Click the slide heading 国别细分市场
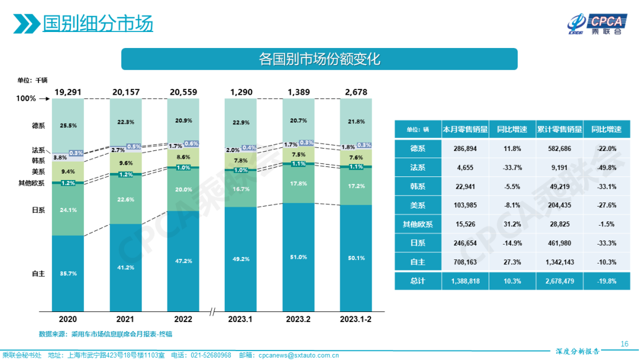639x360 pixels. [98, 23]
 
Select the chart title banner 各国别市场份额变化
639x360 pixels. [319, 59]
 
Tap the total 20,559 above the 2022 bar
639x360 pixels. [183, 92]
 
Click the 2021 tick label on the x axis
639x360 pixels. [125, 319]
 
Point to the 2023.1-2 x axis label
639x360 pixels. [356, 319]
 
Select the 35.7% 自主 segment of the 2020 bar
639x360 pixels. [67, 274]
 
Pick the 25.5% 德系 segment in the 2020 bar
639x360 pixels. [67, 126]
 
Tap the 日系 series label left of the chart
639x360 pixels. [38, 210]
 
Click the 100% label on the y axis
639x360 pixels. [25, 99]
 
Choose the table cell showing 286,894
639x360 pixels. [464, 148]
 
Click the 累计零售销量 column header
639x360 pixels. [559, 129]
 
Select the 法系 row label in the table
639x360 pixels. [418, 168]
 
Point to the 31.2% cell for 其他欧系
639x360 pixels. [512, 224]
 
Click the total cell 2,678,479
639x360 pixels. [559, 281]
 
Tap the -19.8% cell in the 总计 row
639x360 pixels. [606, 281]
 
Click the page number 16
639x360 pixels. [624, 344]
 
